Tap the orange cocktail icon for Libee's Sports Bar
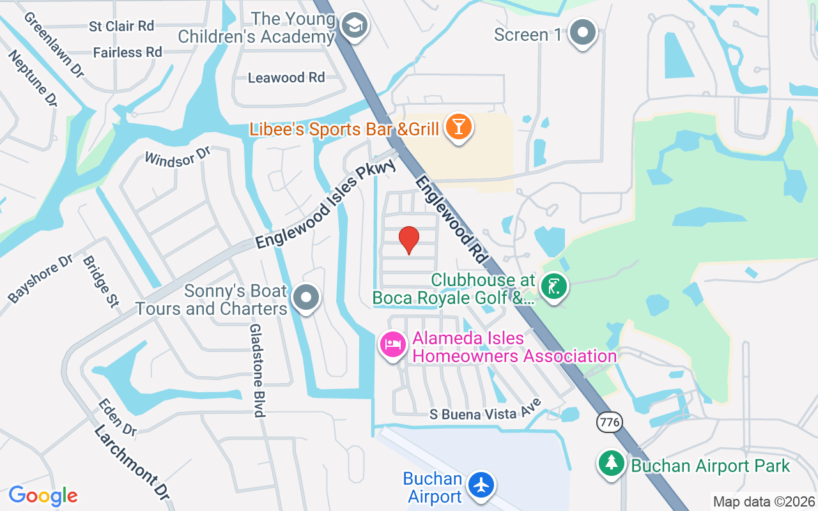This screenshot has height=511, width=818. (x=458, y=126)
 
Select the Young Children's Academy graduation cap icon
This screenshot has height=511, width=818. (x=351, y=27)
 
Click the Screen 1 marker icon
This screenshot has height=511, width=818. (x=583, y=33)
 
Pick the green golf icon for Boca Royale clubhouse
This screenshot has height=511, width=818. (x=553, y=286)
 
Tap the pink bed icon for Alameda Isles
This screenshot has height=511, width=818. (x=393, y=345)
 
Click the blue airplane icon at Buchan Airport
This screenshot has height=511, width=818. (x=482, y=485)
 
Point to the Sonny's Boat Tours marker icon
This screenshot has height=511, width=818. (x=306, y=298)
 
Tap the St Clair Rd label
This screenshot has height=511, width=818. (x=121, y=26)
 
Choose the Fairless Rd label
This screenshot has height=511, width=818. (x=127, y=52)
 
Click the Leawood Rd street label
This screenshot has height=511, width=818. (x=286, y=78)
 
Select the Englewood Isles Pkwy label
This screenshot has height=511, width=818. (x=326, y=204)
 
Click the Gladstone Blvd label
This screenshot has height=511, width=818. (x=257, y=370)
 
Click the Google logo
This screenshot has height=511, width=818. (x=43, y=496)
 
